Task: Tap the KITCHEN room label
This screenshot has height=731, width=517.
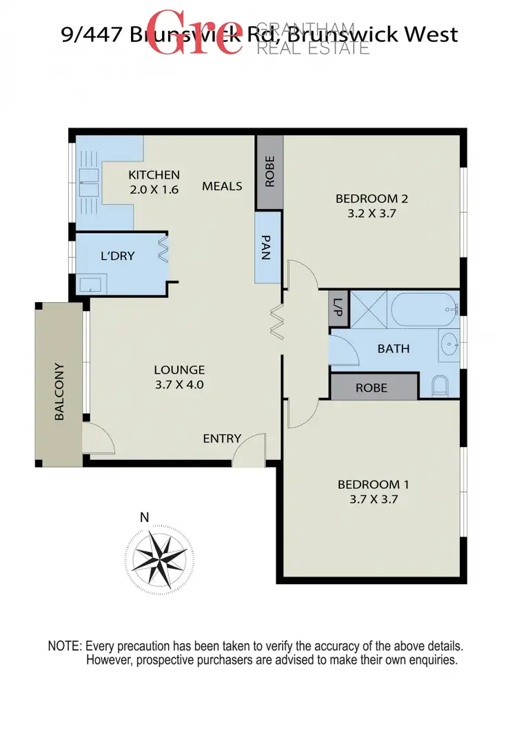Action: point(154,175)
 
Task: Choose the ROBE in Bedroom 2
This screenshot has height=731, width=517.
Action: point(269,172)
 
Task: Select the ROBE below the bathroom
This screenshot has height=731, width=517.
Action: point(372,388)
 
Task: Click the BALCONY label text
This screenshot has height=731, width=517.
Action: point(60,392)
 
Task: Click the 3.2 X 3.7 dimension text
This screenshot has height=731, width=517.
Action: point(372,214)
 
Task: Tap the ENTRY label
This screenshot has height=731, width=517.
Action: point(222,439)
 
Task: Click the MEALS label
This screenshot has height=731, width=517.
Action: point(222,186)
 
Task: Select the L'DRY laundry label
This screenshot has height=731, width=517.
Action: point(118,256)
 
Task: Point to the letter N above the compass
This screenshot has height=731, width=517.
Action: point(144,517)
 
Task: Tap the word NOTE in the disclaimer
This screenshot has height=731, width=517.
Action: point(64,647)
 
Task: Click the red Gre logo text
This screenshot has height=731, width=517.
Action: point(196,33)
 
